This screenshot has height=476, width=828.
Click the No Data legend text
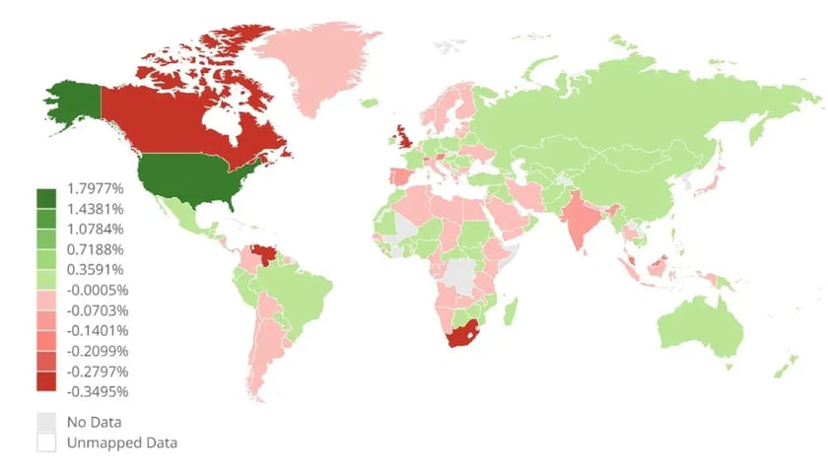pos(94,423)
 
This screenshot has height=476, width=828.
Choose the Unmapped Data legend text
pos(121,442)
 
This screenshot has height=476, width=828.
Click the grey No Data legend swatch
pos(46,422)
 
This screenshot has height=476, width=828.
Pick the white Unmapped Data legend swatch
pos(46,442)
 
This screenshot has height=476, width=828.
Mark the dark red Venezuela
pos(265,255)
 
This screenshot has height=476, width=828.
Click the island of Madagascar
pos(511,311)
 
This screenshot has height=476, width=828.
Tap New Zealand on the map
pos(784,367)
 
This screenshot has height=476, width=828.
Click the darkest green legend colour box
pos(46,198)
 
